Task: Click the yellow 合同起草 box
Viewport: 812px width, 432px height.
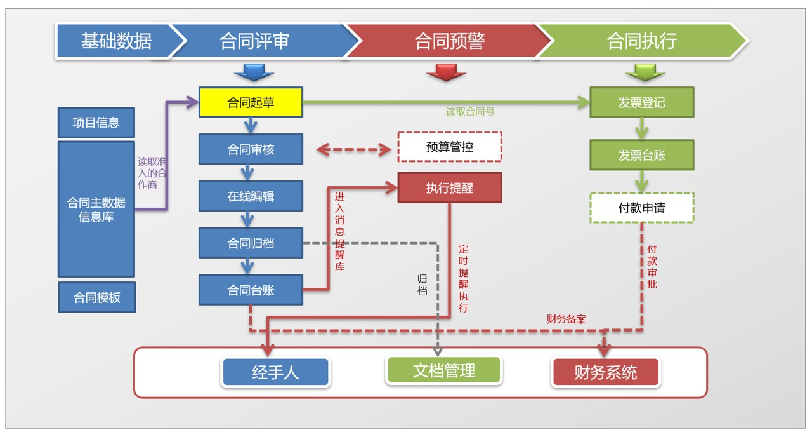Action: (251, 102)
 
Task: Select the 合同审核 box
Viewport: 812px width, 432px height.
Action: (251, 149)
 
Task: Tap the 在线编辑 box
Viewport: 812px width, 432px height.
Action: (251, 196)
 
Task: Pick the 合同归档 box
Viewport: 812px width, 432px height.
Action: (251, 243)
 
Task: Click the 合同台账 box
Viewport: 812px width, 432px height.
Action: (251, 290)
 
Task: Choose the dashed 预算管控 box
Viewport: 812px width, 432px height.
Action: (449, 147)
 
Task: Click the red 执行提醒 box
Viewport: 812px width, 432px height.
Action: (449, 188)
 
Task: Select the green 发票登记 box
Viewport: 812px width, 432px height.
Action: (641, 102)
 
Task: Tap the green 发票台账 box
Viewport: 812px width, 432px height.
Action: (641, 154)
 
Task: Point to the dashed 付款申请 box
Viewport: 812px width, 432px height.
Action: (641, 208)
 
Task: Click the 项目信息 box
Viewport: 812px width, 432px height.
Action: (96, 123)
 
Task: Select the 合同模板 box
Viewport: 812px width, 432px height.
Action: (96, 297)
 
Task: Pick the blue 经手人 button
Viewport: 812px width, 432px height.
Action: (275, 372)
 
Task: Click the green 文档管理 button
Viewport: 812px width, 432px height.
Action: (443, 370)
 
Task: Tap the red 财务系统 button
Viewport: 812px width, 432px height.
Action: (606, 372)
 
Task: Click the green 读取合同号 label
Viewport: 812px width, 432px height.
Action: (470, 112)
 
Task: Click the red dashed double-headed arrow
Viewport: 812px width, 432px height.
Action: (353, 149)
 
